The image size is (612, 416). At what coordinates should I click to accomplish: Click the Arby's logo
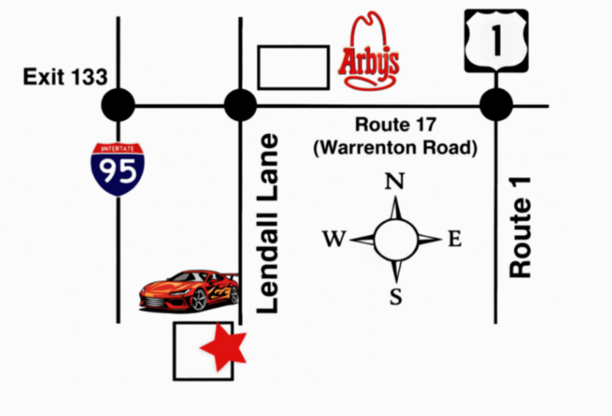point(369,53)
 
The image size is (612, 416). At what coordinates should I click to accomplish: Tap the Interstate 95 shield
point(118,169)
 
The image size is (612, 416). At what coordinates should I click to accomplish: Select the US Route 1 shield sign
point(496,40)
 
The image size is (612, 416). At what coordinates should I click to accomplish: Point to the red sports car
point(190,290)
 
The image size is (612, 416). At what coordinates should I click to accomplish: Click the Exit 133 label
point(65,76)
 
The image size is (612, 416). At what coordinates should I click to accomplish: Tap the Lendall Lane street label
point(269,224)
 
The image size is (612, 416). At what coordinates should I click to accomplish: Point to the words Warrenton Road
point(395,148)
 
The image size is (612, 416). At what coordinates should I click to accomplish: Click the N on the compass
point(395,181)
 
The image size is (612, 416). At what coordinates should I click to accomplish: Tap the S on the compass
point(396,297)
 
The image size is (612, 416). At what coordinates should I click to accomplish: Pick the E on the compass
point(455,239)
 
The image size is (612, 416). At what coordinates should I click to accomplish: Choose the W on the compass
point(334,239)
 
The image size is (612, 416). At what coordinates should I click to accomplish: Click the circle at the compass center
point(395,239)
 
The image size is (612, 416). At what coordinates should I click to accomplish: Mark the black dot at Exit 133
point(118,105)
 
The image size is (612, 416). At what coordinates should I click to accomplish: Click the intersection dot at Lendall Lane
point(240,105)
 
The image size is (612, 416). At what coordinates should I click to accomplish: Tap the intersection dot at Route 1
point(496,105)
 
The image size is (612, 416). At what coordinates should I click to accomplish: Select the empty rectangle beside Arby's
point(293,68)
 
